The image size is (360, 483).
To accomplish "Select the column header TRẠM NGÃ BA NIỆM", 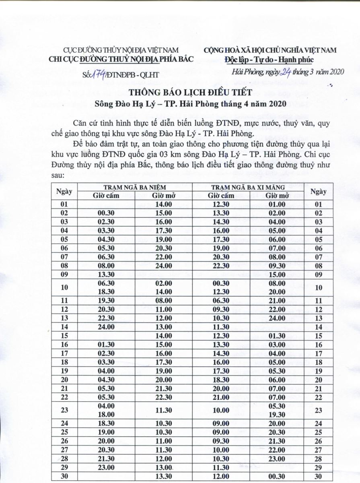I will click(135, 188).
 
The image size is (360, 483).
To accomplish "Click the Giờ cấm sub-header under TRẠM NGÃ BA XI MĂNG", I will click(221, 196).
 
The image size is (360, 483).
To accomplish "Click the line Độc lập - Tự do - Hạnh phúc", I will click(269, 60).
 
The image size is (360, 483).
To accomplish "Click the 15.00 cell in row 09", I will click(277, 275).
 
